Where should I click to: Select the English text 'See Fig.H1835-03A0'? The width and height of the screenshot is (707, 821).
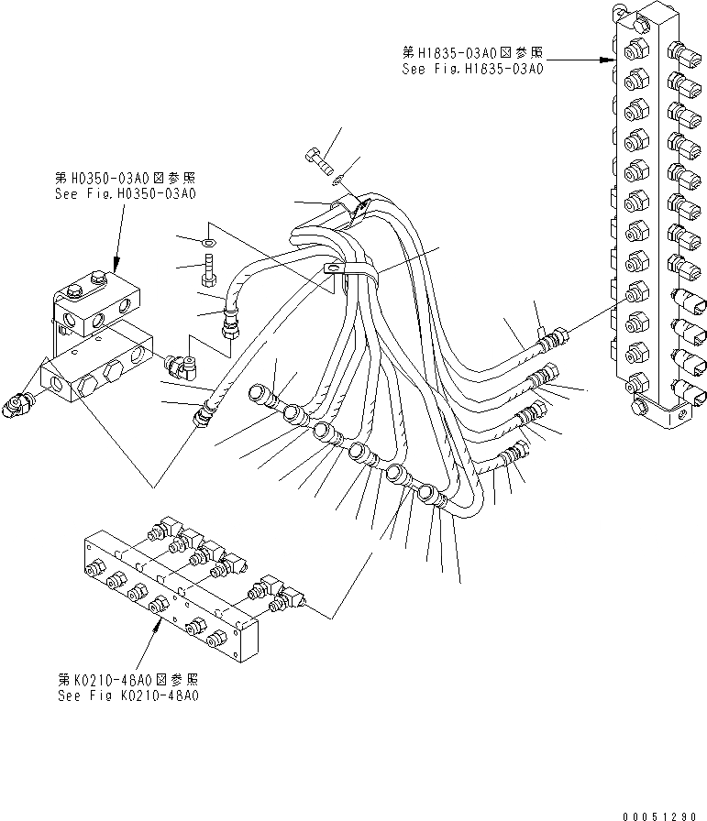coord(472,69)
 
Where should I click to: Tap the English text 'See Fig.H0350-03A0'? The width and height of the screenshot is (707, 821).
coord(125,194)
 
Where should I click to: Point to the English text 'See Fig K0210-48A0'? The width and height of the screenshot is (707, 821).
coord(127,695)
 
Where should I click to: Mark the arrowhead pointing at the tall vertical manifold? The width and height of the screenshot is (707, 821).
coord(608,60)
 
